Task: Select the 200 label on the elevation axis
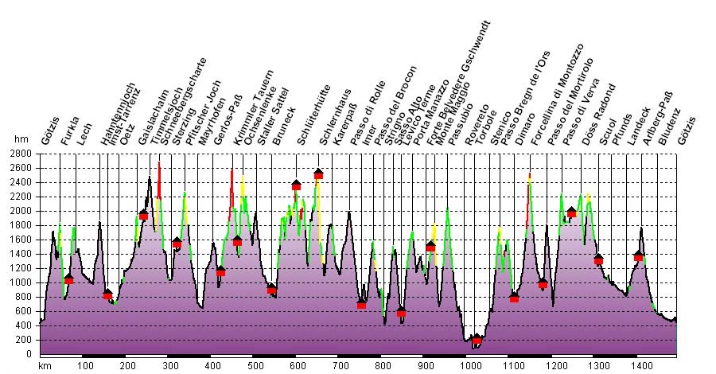tap(25, 340)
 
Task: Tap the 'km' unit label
tap(45, 365)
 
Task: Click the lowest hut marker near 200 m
tap(477, 340)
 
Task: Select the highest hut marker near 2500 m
tap(318, 173)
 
